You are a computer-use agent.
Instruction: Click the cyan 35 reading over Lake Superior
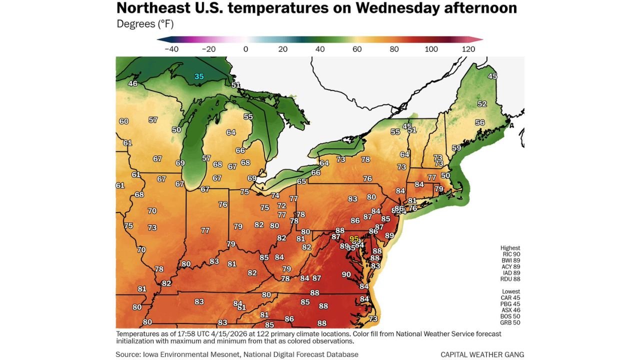point(199,76)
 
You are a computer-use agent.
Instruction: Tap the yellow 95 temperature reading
point(354,238)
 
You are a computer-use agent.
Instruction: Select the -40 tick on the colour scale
point(171,49)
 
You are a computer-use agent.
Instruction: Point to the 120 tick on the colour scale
point(468,49)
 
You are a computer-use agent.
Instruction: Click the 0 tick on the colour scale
point(245,49)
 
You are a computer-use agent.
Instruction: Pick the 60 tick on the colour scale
point(357,49)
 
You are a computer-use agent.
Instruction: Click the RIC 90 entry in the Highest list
point(510,254)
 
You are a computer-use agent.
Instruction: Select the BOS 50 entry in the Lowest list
point(510,316)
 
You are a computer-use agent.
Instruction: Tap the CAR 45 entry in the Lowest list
point(510,297)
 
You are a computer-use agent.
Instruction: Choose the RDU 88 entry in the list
point(510,279)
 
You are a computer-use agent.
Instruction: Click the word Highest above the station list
point(510,247)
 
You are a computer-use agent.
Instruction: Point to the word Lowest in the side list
point(510,291)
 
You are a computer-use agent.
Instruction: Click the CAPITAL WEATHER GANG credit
point(482,354)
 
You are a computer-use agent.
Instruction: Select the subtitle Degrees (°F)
point(145,24)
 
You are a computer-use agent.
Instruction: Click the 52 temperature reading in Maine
point(482,104)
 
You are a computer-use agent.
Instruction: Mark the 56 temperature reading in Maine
point(480,122)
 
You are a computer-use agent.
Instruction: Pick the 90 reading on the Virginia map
point(346,274)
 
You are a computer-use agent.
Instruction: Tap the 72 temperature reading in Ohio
point(281,205)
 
